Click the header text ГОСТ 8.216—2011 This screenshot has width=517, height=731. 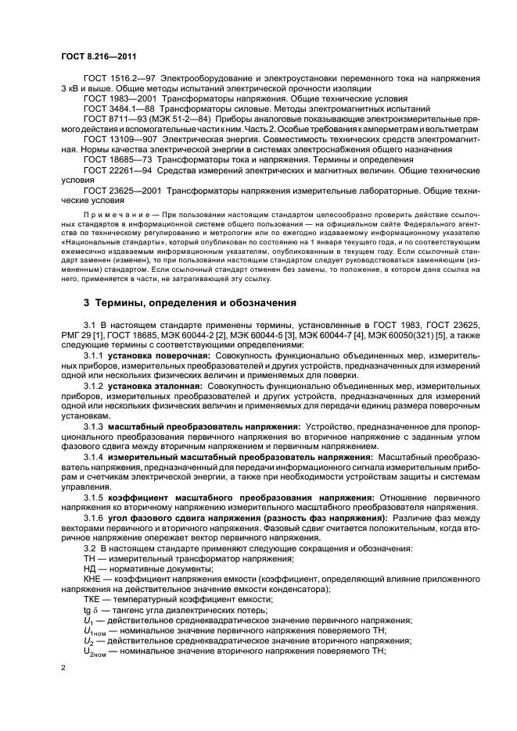click(x=92, y=58)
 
